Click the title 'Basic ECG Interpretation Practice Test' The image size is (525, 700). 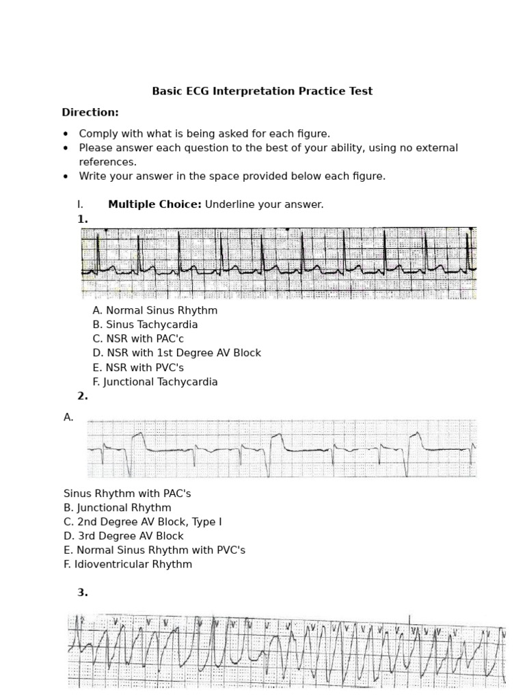point(262,92)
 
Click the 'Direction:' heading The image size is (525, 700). point(90,112)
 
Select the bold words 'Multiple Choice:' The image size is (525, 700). point(154,204)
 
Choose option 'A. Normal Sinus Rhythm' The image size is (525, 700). point(155,310)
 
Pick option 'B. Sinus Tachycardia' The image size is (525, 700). point(145,325)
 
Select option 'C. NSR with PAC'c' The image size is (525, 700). point(138,339)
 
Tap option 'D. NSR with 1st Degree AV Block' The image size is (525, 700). point(177,353)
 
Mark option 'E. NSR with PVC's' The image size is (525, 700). point(138,368)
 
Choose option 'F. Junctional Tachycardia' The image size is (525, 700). point(155,382)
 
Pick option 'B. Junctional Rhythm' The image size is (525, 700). point(118,508)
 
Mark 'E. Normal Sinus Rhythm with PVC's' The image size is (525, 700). point(154,550)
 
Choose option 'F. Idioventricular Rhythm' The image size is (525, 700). point(128,565)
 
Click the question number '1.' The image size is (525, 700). point(83,219)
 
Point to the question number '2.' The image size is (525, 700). point(83,396)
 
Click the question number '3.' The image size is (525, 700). point(83,593)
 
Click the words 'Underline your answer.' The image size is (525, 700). point(264,204)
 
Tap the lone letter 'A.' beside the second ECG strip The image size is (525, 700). point(68,417)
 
